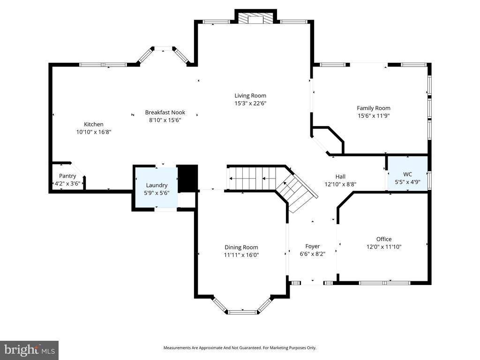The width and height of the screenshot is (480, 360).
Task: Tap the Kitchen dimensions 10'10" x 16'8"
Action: pyautogui.click(x=94, y=132)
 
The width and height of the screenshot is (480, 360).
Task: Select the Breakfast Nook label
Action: pyautogui.click(x=165, y=112)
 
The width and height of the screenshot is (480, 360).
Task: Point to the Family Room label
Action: pyautogui.click(x=374, y=108)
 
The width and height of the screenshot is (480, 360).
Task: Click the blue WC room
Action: pyautogui.click(x=407, y=173)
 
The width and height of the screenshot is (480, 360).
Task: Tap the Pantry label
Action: pyautogui.click(x=67, y=176)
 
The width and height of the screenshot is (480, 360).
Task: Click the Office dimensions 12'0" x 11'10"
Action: pyautogui.click(x=383, y=247)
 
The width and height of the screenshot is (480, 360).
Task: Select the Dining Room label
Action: pyautogui.click(x=241, y=247)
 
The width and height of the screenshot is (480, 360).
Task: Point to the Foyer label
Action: pyautogui.click(x=312, y=246)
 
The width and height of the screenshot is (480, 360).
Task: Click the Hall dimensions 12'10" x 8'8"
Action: pyautogui.click(x=340, y=184)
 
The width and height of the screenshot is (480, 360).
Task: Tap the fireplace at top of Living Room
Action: pyautogui.click(x=255, y=18)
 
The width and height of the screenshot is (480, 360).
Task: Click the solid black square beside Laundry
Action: pyautogui.click(x=188, y=178)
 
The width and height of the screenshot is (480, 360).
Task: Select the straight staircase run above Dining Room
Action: pyautogui.click(x=251, y=179)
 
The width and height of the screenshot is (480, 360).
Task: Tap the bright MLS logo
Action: pyautogui.click(x=29, y=350)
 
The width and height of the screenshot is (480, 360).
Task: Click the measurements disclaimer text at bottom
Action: pyautogui.click(x=240, y=348)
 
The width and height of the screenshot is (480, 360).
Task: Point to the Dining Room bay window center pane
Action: pyautogui.click(x=242, y=312)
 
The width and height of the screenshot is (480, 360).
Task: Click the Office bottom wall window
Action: pyautogui.click(x=384, y=283)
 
